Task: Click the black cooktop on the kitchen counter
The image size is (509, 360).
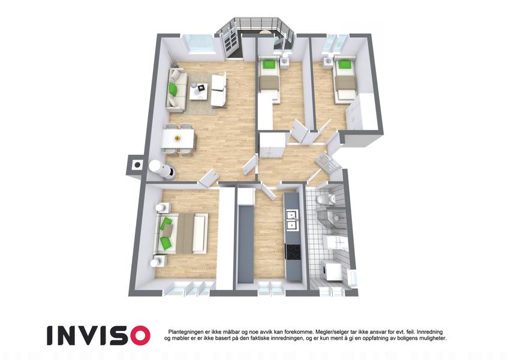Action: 293,252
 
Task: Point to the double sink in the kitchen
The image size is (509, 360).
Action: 292,220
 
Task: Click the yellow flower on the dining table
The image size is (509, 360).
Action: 177,138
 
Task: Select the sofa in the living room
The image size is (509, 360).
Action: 177,89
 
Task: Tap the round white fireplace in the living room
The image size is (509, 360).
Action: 162,169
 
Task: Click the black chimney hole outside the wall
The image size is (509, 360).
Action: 138,165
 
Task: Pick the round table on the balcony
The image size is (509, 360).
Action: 266,32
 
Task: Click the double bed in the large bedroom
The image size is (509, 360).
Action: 182,233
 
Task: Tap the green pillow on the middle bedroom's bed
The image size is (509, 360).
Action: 268,65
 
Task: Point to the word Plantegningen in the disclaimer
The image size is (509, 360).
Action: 184,332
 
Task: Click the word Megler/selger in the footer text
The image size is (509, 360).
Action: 329,332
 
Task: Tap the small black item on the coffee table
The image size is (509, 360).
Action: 201,87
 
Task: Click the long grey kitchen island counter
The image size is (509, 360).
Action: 245,244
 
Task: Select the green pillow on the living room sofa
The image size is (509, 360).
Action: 173,88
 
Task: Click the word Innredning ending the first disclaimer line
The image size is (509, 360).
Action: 430,332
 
